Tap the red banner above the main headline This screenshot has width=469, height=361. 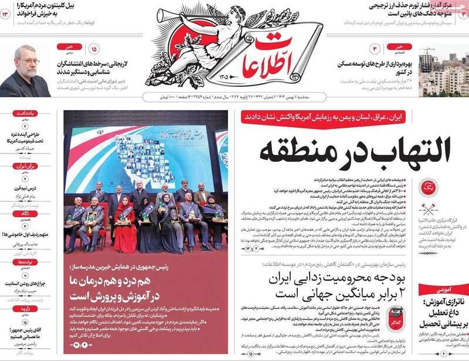click(345, 117)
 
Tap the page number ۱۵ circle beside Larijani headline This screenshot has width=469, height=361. click(94, 49)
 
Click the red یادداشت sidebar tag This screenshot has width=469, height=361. click(25, 113)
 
